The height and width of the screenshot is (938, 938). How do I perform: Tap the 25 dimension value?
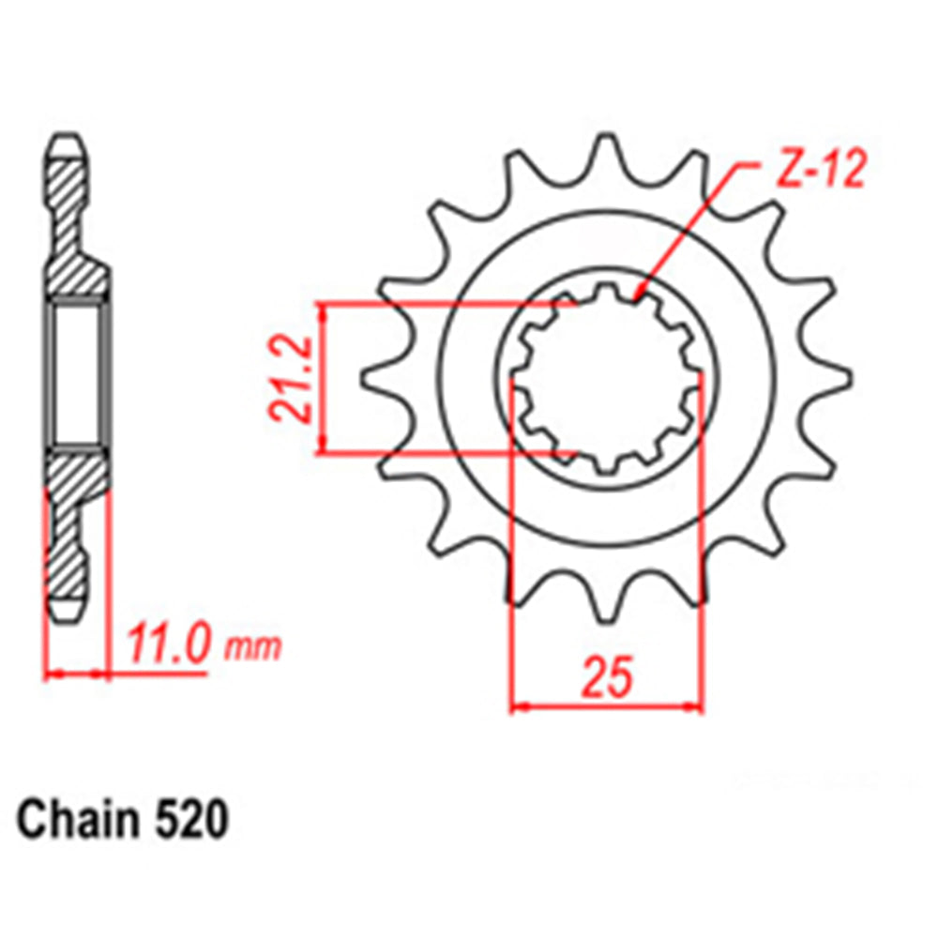[607, 680]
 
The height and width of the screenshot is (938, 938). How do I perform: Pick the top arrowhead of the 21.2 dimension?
[324, 310]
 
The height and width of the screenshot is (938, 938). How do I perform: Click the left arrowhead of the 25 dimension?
[519, 705]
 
